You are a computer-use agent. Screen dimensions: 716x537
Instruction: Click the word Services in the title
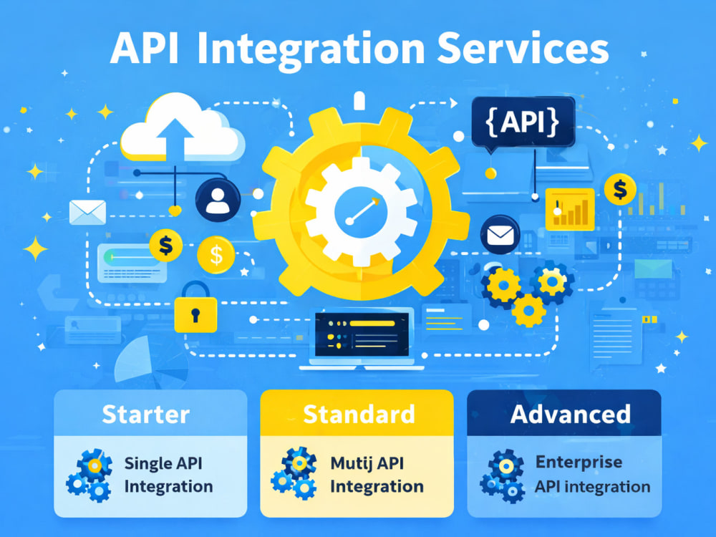523,48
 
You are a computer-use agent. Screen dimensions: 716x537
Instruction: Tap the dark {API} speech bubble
523,122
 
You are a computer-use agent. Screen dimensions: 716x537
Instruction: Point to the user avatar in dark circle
218,200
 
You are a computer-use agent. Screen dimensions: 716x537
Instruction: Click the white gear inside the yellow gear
361,212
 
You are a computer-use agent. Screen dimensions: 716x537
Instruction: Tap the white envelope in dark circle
500,235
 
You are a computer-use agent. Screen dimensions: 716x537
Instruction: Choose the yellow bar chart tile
570,210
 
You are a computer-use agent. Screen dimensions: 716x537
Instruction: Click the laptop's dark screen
362,334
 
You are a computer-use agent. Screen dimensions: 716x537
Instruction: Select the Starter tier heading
145,415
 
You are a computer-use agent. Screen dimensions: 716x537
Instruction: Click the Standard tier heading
359,415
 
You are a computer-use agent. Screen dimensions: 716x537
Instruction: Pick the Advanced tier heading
571,415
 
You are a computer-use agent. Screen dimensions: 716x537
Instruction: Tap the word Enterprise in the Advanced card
579,463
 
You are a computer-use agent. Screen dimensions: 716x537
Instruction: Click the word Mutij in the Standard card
349,463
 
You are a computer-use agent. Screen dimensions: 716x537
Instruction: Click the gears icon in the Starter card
89,475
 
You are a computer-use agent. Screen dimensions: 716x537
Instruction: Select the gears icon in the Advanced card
503,476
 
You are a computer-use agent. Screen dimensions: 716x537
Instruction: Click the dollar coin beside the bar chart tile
620,189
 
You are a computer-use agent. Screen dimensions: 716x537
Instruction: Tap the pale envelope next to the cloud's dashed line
87,213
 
